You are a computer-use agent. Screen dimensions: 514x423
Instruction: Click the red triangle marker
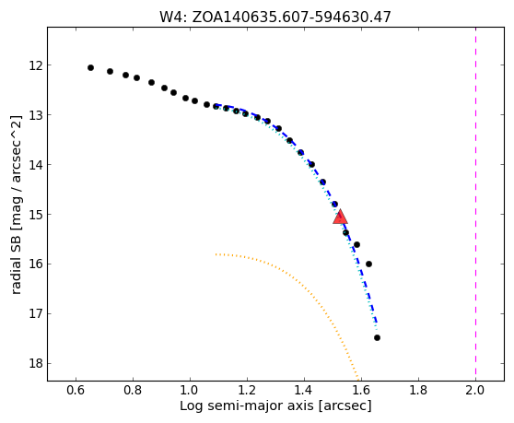click(340, 217)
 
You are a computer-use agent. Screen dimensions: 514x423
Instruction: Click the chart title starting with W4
click(275, 17)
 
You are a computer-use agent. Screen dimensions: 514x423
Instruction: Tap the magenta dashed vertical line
click(475, 204)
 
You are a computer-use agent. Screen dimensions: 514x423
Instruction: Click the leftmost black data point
click(91, 68)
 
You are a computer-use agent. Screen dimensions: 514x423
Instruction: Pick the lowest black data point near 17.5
click(377, 337)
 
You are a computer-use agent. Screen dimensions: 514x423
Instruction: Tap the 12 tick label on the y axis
click(36, 65)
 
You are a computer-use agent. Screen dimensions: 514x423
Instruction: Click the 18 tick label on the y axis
click(36, 364)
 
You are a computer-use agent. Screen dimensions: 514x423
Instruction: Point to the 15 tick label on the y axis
click(36, 215)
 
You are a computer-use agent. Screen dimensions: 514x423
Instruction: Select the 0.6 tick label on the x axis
click(76, 390)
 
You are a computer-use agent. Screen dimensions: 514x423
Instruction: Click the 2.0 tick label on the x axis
click(475, 390)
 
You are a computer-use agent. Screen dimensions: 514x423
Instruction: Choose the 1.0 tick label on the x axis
click(190, 390)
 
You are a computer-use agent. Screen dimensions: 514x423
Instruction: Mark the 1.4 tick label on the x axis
click(304, 390)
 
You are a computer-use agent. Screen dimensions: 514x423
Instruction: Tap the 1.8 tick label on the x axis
click(418, 390)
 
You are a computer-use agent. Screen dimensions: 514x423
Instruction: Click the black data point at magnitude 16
click(368, 264)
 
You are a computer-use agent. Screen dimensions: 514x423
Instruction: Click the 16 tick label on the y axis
click(36, 264)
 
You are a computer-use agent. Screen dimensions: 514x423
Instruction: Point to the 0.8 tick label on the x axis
click(133, 390)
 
